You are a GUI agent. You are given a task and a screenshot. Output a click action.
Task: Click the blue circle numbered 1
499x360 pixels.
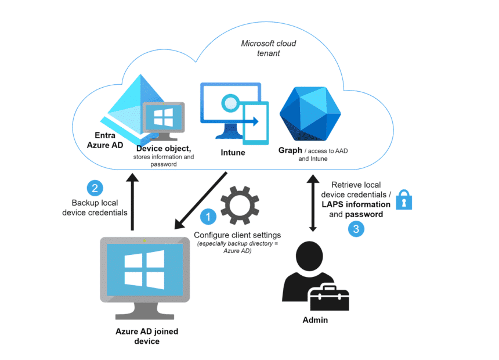[x=208, y=217]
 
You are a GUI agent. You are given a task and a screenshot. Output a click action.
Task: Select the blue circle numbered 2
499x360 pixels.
[x=95, y=188]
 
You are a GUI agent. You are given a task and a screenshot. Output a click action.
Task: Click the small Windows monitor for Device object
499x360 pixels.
[x=164, y=121]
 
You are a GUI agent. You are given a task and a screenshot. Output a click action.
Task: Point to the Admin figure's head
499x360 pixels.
[x=310, y=257]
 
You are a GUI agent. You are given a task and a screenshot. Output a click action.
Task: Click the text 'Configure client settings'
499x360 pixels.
[x=237, y=235]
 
